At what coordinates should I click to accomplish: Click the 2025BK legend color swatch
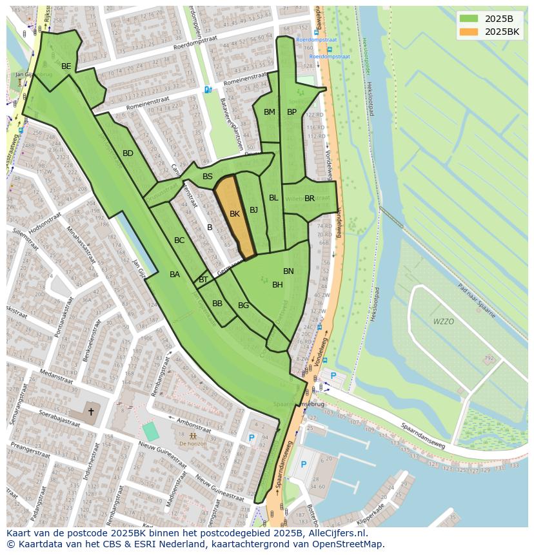tap(469, 32)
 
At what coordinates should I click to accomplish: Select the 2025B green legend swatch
tap(469, 19)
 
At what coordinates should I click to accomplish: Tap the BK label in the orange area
tap(235, 214)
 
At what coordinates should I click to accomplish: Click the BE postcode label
tap(66, 66)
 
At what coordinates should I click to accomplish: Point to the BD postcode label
tap(128, 153)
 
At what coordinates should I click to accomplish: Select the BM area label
tap(270, 112)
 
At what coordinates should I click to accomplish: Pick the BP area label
tap(292, 112)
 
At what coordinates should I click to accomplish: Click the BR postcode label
tap(310, 199)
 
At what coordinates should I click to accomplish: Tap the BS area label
tap(208, 177)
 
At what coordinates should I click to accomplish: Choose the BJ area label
tap(253, 210)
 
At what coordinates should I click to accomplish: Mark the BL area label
tap(273, 198)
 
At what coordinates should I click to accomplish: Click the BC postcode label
tap(179, 240)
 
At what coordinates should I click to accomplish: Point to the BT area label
tap(203, 280)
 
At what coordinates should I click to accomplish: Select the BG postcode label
tap(243, 306)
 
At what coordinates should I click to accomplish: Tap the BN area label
tap(288, 271)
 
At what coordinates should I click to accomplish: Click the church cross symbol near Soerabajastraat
tap(91, 411)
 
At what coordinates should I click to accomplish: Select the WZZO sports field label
tap(443, 321)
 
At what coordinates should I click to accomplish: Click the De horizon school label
tap(193, 443)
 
